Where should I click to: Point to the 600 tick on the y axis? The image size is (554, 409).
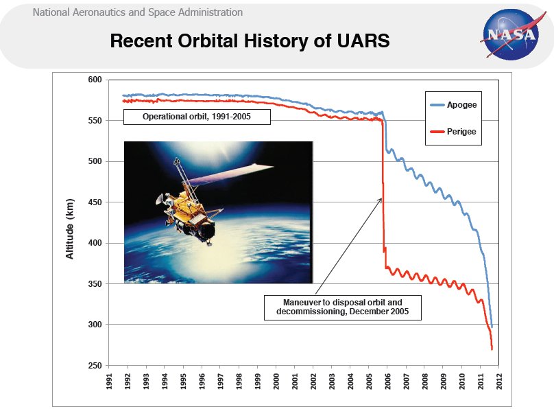coord(95,80)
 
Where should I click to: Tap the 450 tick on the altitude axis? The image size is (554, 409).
coord(95,202)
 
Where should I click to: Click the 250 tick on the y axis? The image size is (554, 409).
coord(95,365)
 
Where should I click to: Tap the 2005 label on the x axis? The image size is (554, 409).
coord(369,382)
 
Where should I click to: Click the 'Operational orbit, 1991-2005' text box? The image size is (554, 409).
coord(197,117)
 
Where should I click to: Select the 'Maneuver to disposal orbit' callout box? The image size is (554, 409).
coord(342,307)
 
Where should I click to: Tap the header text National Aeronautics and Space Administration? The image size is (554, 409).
coord(137,12)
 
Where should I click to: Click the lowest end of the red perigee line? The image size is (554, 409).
coord(492,349)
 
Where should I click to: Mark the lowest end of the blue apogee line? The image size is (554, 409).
coord(492,326)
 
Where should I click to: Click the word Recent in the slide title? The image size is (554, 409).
coord(145,41)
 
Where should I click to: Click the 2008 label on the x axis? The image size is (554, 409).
coord(424,382)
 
